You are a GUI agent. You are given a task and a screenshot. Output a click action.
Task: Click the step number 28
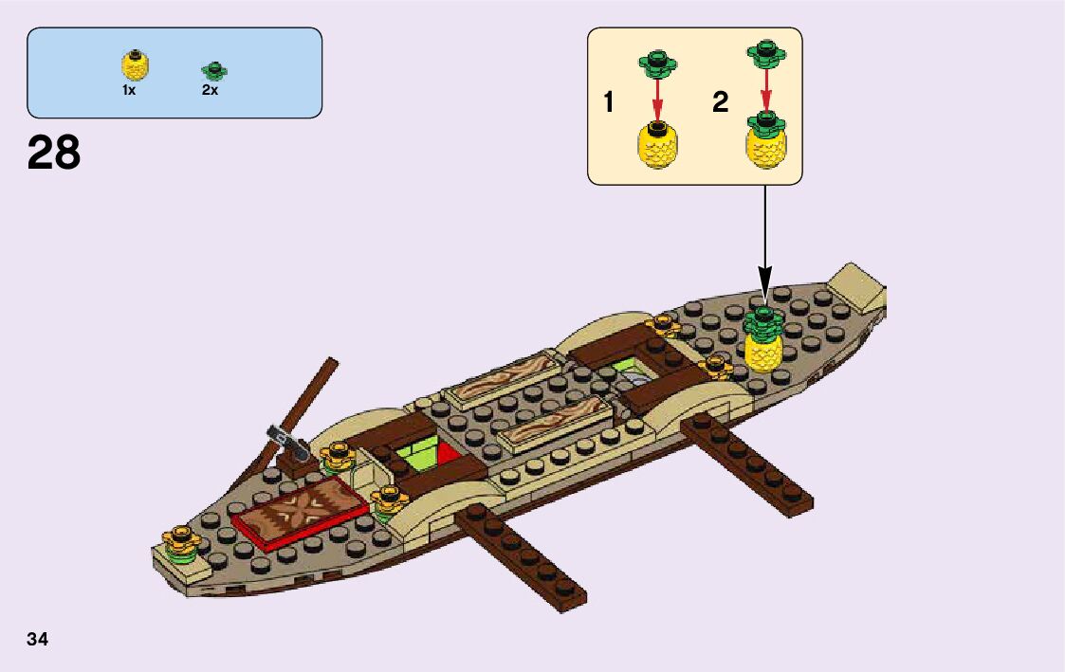click(x=54, y=153)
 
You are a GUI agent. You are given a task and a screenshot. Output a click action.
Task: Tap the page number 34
click(x=37, y=639)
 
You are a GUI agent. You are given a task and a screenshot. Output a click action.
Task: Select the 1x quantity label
click(x=129, y=90)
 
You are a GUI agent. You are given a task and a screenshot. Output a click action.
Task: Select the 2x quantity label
click(x=210, y=90)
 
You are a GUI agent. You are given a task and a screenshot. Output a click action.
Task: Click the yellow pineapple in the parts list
click(x=136, y=64)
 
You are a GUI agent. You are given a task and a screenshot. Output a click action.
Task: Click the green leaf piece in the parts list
click(x=214, y=69)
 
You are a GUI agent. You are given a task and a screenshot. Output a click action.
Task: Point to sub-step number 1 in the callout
click(x=609, y=103)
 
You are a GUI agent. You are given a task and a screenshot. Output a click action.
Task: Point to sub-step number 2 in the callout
click(x=721, y=103)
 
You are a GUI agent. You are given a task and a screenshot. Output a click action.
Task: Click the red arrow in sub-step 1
click(x=657, y=98)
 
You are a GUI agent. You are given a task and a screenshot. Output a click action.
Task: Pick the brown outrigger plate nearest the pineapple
click(x=747, y=464)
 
